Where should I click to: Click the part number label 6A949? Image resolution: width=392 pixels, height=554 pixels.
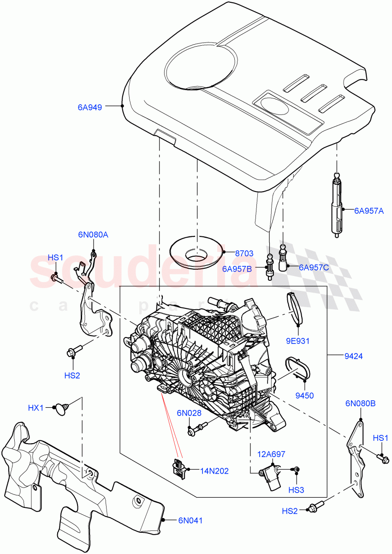click(90, 106)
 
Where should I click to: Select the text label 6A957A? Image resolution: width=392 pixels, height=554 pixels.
click(368, 211)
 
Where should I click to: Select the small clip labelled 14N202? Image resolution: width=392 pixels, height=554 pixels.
click(180, 468)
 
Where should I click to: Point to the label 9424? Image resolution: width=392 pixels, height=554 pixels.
click(353, 356)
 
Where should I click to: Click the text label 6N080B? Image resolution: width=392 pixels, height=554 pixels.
click(360, 403)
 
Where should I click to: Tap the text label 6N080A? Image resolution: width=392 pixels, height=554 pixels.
click(93, 235)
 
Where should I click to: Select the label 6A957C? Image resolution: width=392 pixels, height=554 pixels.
click(314, 267)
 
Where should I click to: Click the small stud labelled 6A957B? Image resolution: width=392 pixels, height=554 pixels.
click(270, 266)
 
